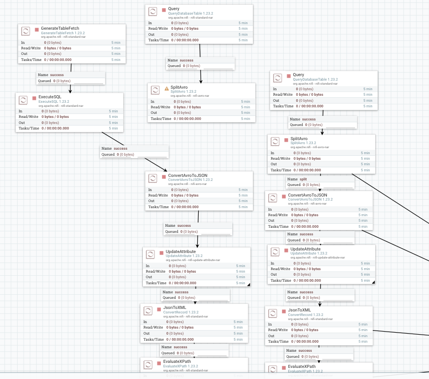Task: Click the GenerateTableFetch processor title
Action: tap(60, 28)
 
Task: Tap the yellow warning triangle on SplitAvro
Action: tap(167, 88)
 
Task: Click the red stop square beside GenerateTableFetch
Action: tap(37, 29)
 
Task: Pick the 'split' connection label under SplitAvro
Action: tap(303, 179)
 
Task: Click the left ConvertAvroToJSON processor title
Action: tap(188, 175)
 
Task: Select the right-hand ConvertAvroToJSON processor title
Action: tap(307, 195)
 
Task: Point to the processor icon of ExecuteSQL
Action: tap(24, 100)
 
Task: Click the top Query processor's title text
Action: tap(174, 9)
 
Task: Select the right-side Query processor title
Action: tap(298, 75)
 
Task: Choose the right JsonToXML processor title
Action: tap(299, 310)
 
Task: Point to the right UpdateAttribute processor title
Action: tap(305, 249)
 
